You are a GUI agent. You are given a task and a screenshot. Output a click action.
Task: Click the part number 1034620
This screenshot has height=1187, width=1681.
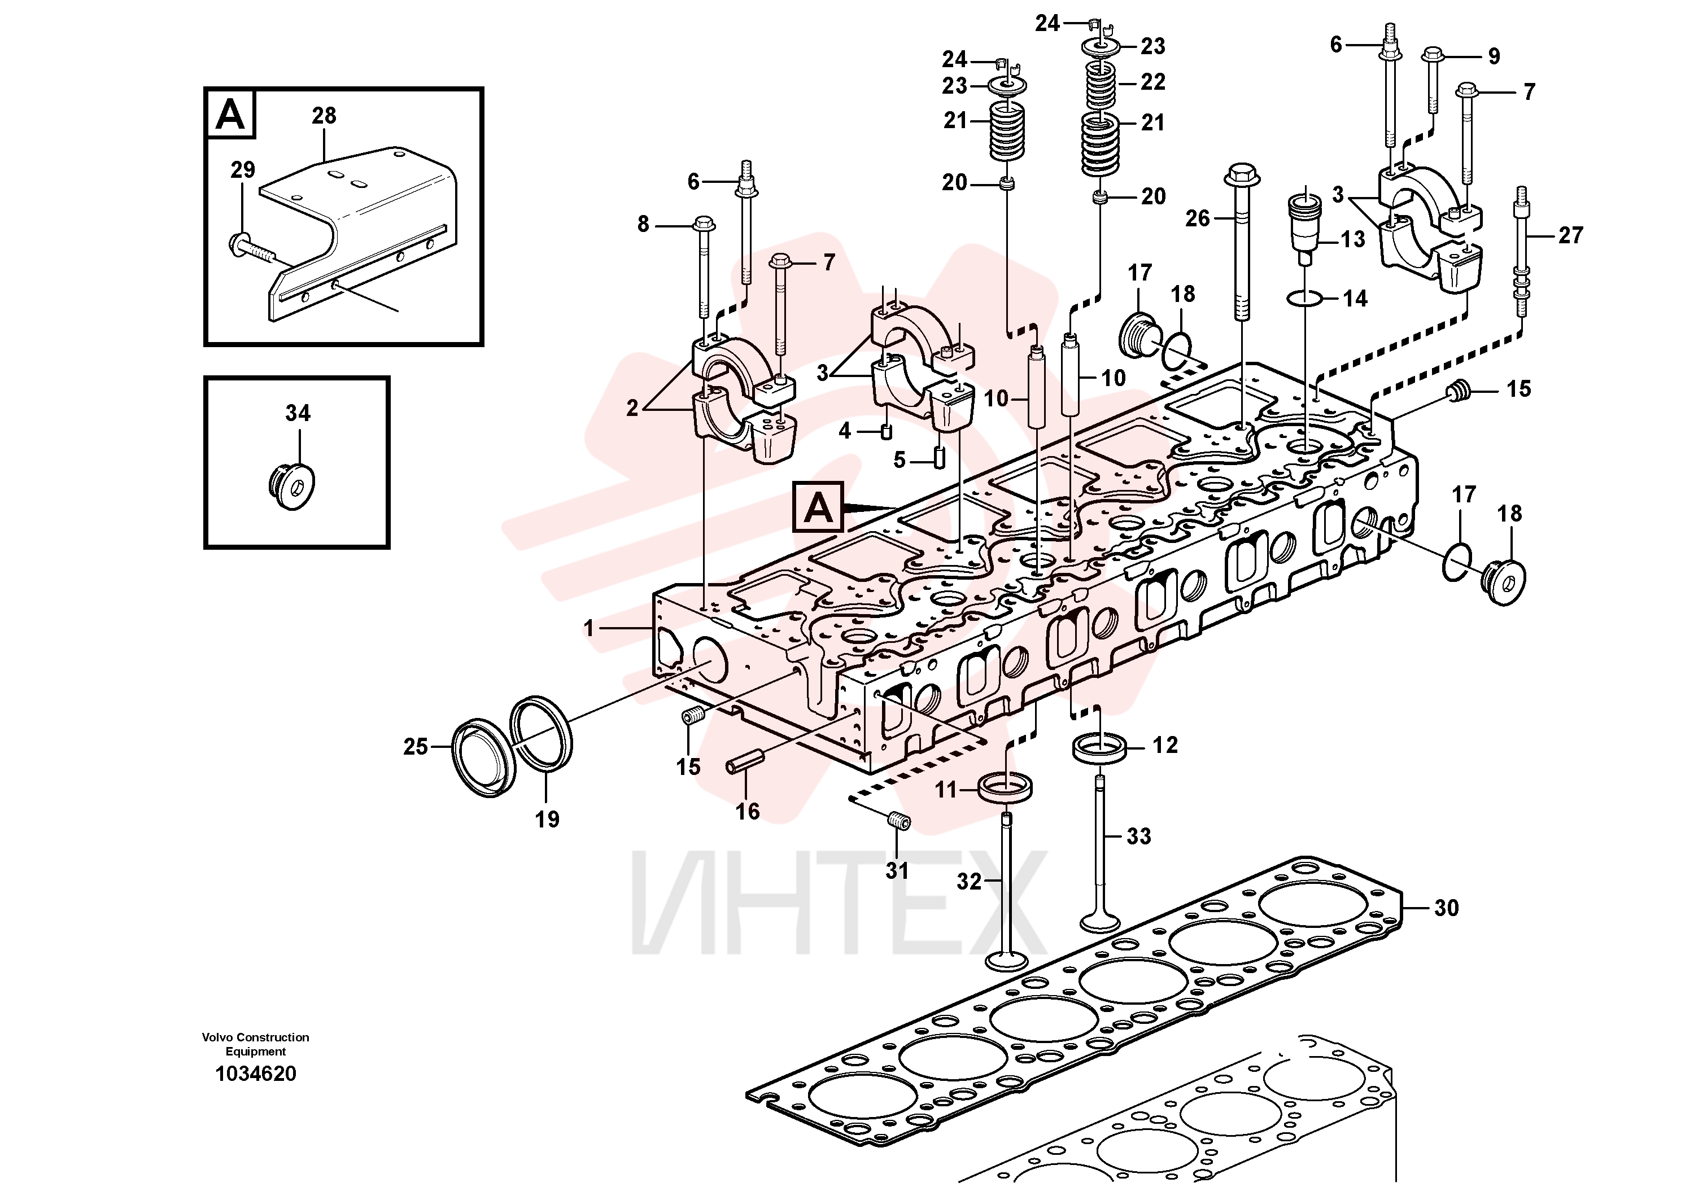(256, 1074)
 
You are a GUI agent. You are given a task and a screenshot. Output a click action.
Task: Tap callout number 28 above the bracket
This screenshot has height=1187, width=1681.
(324, 116)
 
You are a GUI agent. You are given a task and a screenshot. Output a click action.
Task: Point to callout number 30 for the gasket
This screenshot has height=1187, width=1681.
(1446, 908)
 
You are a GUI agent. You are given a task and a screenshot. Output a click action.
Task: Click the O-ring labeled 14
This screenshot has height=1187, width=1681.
(1305, 298)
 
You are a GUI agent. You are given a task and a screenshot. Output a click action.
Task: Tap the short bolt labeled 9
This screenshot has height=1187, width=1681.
(1433, 81)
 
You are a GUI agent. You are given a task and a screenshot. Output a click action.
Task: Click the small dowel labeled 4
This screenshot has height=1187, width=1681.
(887, 431)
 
